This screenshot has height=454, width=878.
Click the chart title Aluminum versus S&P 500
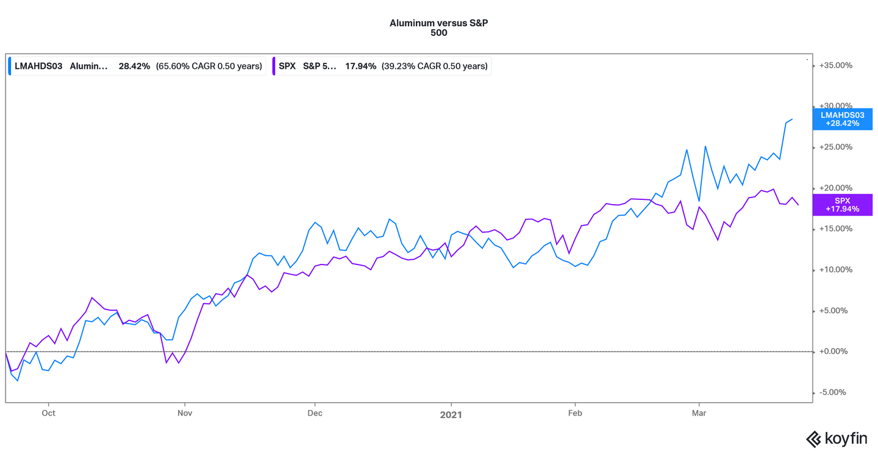coord(439,27)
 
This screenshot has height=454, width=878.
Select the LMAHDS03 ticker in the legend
coord(38,66)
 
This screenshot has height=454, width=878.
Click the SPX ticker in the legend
coord(287,66)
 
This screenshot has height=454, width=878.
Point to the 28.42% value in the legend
coord(134,66)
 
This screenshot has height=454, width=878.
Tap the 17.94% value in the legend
coord(361,66)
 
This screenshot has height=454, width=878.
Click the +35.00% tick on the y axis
coord(836,66)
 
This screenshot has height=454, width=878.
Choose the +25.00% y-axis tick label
coord(836,147)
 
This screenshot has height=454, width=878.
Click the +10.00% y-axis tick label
coord(836,270)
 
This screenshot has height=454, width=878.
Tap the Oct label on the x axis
coord(48,413)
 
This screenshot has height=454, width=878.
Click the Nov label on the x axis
coord(185,413)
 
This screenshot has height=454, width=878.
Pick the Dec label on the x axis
coord(315,413)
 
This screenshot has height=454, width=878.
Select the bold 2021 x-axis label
coord(451,414)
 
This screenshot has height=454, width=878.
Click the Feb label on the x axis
coord(574,413)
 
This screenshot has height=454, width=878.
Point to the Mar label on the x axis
coord(699,413)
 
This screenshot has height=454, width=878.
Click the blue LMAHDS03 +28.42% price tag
coord(842,119)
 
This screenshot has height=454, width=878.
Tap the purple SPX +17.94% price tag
coord(842,205)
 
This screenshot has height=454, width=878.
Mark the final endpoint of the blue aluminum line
coord(792,119)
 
